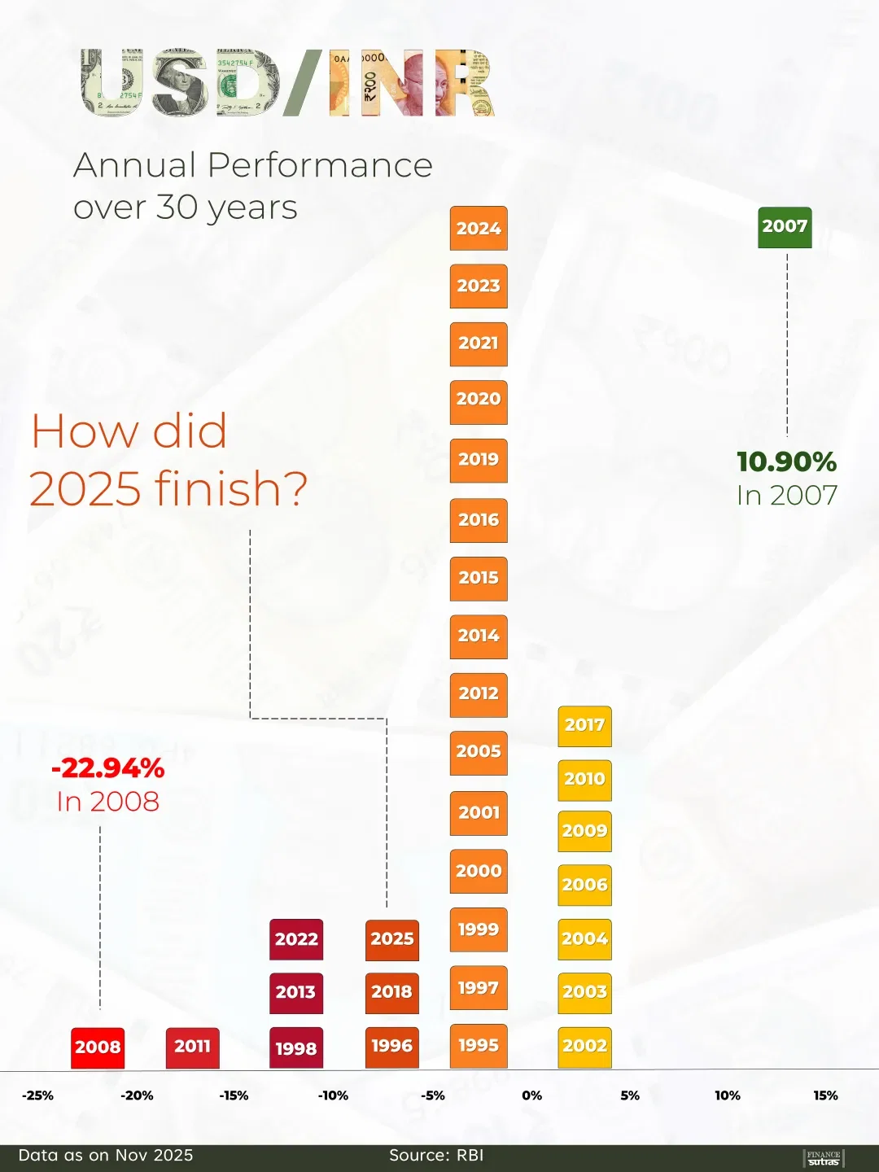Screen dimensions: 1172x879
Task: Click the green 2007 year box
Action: tap(785, 227)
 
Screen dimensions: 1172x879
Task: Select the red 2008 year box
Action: tap(98, 1047)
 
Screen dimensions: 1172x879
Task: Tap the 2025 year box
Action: tap(392, 939)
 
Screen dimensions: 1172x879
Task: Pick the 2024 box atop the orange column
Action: tap(479, 229)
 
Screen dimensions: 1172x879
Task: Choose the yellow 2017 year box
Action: tap(584, 725)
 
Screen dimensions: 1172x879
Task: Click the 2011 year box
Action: tap(192, 1047)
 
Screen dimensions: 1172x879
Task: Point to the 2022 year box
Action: tap(296, 939)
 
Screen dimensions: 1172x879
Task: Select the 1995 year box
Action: tap(479, 1046)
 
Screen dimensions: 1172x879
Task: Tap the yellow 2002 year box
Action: tap(584, 1047)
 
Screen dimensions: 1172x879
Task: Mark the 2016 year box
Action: tap(479, 520)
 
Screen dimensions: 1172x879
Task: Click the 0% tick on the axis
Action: tap(531, 1095)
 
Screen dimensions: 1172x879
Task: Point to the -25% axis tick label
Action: tap(37, 1095)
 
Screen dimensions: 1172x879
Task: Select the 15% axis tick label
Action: tap(825, 1095)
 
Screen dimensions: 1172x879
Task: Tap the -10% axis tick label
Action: tap(333, 1095)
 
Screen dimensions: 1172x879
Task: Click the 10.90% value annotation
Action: tap(786, 462)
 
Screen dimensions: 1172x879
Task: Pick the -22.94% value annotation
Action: tap(107, 768)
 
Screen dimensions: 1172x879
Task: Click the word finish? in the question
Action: tap(230, 488)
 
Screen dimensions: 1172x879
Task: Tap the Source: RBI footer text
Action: tap(436, 1155)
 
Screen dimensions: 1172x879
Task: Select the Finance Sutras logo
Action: tap(824, 1157)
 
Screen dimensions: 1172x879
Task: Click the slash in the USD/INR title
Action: tap(304, 82)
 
